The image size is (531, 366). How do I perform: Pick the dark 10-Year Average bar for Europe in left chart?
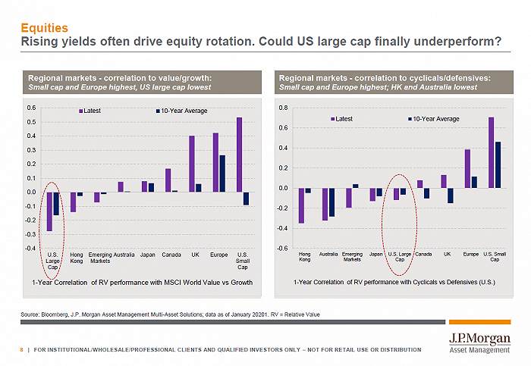point(222,174)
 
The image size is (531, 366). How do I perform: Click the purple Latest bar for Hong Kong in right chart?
point(301,205)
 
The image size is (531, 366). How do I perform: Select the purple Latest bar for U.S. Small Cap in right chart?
point(491,152)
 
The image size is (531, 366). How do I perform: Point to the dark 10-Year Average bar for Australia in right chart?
point(331,202)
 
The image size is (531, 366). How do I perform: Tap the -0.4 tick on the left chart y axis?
point(30,248)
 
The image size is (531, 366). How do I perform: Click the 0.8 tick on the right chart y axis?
point(283,108)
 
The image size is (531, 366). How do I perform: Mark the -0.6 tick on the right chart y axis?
point(282,249)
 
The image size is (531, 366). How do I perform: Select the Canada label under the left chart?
point(171,255)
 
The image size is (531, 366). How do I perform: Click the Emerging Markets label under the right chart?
point(352,257)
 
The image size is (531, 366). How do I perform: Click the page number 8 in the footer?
point(21,349)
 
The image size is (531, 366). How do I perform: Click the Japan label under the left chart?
point(147,255)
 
